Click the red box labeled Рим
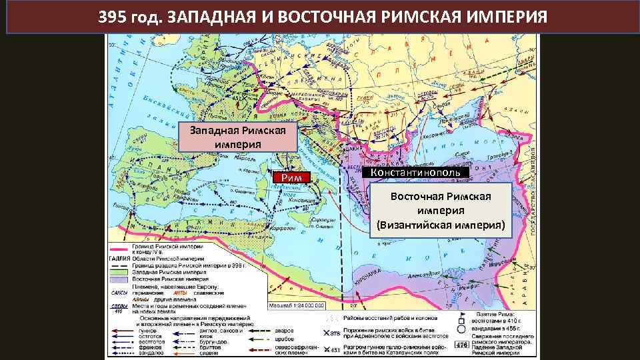293,177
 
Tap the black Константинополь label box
419,172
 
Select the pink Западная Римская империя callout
237,137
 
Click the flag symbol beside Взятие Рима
461,313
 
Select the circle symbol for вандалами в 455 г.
461,328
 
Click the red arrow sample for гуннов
120,329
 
